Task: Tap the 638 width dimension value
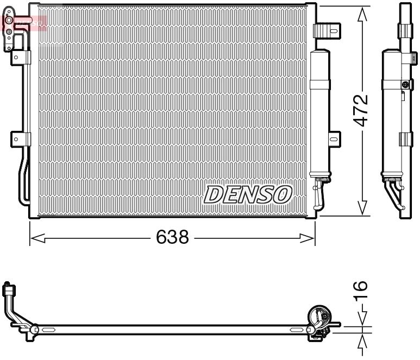coord(173,237)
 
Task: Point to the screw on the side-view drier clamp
coord(405,84)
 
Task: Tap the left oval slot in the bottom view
coord(48,329)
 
